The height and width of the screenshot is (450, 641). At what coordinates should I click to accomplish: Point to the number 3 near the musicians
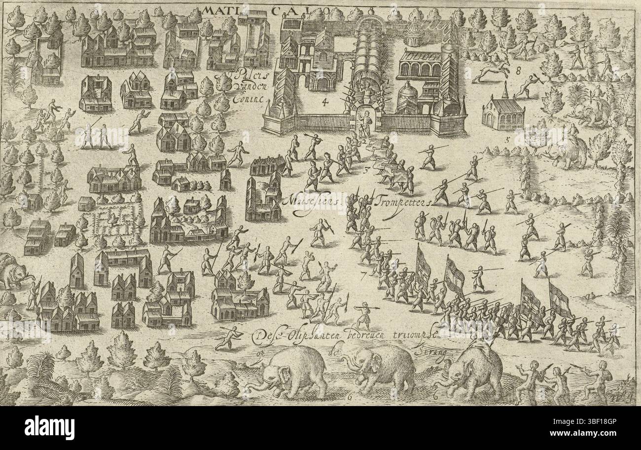pos(366,171)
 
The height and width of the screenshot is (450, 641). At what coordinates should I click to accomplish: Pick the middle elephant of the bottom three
pos(382,368)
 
